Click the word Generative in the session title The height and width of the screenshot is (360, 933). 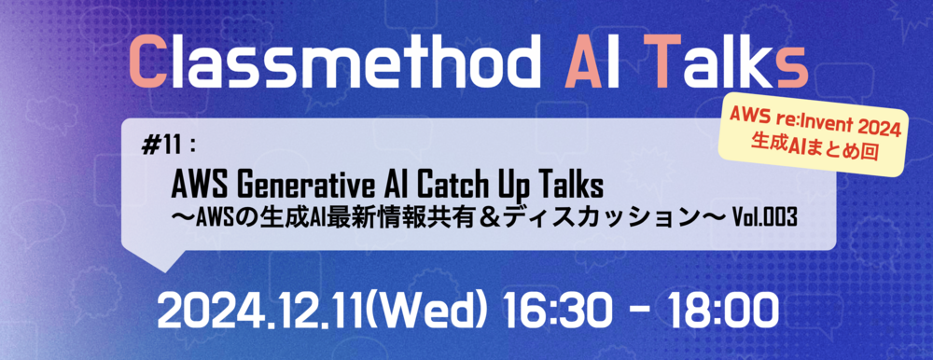click(x=297, y=178)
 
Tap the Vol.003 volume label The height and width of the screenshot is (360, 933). click(x=763, y=215)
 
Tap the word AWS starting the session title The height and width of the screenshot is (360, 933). click(x=200, y=178)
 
